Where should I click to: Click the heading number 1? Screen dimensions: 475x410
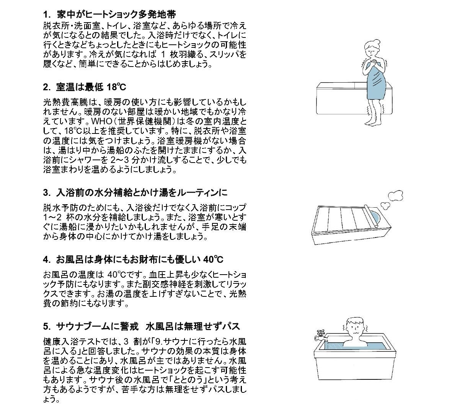click(46, 15)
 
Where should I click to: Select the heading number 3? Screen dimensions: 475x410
click(46, 192)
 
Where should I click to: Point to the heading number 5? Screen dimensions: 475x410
click(46, 326)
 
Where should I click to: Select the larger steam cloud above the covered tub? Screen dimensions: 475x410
click(395, 196)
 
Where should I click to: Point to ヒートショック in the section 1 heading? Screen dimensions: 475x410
click(111, 15)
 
